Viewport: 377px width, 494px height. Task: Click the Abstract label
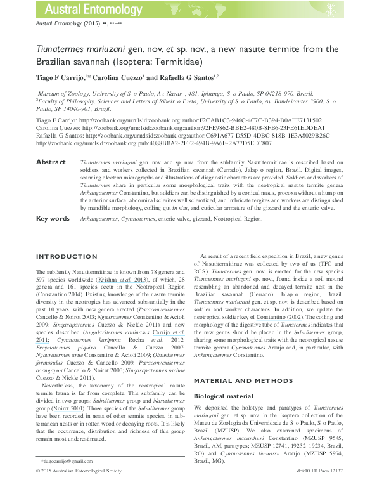(51, 162)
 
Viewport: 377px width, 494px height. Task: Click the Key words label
(53, 218)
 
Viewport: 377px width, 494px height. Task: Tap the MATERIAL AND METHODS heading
(238, 380)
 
